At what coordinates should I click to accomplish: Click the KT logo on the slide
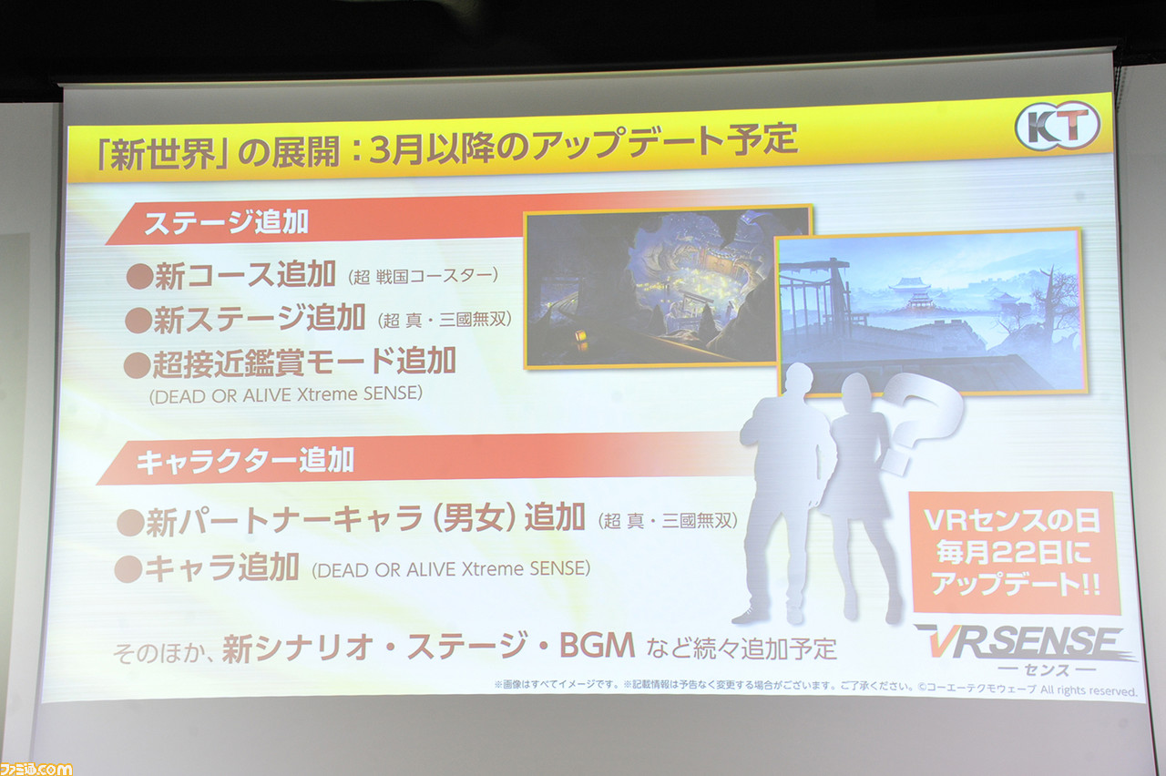1058,126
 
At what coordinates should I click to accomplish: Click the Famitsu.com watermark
36,769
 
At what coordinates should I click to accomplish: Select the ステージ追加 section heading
226,222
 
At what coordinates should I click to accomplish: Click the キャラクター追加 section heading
245,461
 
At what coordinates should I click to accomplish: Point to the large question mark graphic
920,422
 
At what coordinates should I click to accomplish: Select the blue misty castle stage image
931,312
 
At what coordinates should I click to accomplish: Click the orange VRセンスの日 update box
1014,552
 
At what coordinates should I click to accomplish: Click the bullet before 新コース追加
139,276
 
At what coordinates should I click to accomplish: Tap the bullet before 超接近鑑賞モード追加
137,365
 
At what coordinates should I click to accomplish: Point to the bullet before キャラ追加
128,568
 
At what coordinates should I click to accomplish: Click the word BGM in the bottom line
597,646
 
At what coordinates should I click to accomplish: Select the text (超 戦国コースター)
423,276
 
